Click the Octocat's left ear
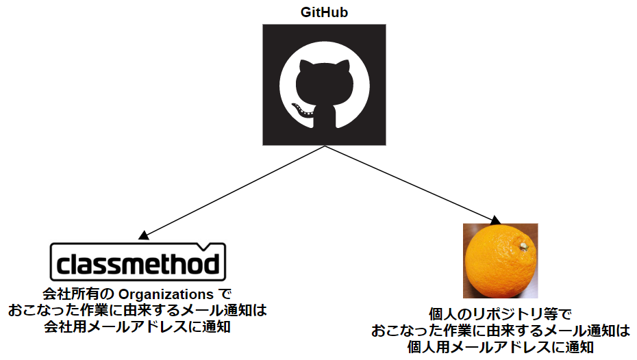click(x=302, y=66)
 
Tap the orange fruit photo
click(x=500, y=260)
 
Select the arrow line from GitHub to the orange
click(x=411, y=185)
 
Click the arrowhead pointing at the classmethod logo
click(x=142, y=235)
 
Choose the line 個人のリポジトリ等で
click(x=499, y=316)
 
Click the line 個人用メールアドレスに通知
click(x=499, y=348)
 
